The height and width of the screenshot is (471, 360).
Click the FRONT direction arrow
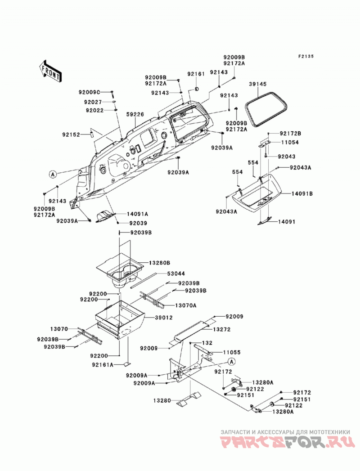[x=50, y=71]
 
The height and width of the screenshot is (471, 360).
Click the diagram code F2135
[x=306, y=57]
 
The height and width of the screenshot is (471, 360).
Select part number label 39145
[x=257, y=85]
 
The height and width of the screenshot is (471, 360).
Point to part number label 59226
[x=135, y=114]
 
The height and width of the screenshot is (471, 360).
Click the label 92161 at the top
[x=196, y=74]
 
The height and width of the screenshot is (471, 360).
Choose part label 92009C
[x=90, y=92]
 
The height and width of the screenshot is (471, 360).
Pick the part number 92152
[x=71, y=135]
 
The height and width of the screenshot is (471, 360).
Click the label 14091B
[x=302, y=194]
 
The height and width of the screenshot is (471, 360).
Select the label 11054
[x=290, y=143]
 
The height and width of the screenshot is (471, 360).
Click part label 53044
[x=176, y=274]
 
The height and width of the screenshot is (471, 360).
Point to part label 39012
[x=164, y=318]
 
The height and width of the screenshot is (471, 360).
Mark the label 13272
[x=222, y=329]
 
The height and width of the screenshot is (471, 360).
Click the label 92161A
[x=103, y=365]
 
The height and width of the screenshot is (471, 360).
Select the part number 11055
[x=232, y=352]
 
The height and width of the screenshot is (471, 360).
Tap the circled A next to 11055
[x=231, y=361]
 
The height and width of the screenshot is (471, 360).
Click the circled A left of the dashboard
[x=53, y=174]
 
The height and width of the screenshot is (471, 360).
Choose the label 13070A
[x=186, y=305]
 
